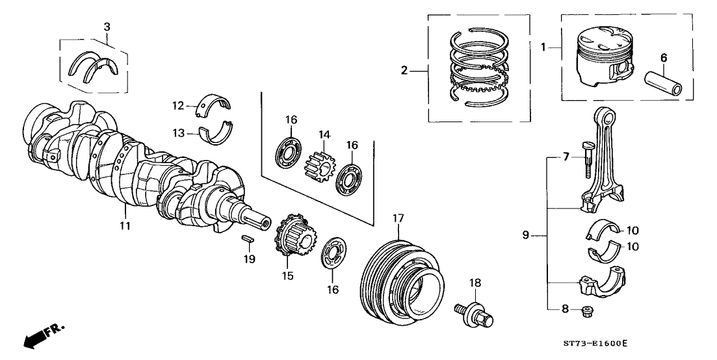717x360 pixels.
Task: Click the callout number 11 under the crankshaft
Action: (125, 225)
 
